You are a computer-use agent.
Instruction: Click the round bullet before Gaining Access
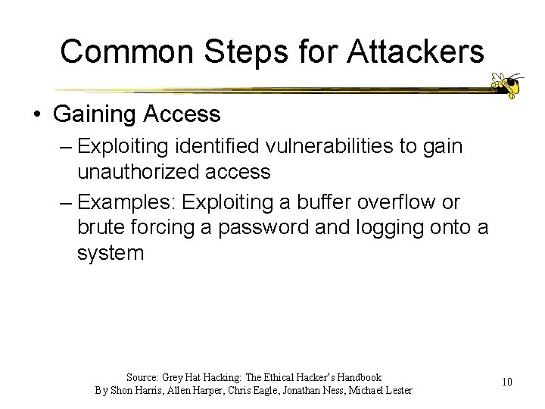coord(37,114)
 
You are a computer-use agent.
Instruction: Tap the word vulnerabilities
coord(351,145)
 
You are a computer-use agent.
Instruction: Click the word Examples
coord(130,202)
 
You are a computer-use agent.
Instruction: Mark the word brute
coord(101,227)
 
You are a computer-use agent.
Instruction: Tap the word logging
coord(388,227)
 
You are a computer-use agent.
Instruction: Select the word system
coord(110,253)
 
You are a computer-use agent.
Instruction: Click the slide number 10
coord(506,382)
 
